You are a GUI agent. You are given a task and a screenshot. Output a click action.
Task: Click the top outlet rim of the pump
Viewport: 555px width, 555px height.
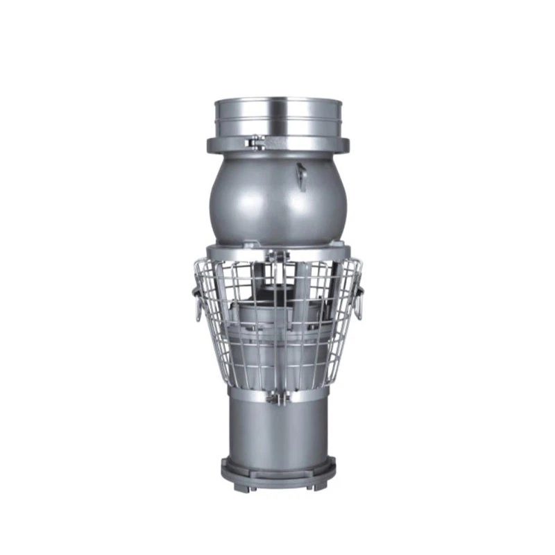(277, 101)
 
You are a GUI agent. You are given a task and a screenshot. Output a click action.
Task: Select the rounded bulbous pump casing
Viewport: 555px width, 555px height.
(277, 198)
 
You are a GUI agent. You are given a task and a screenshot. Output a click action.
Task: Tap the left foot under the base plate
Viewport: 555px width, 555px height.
(237, 488)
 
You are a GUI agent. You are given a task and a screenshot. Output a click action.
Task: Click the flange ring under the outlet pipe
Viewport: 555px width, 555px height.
(277, 146)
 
